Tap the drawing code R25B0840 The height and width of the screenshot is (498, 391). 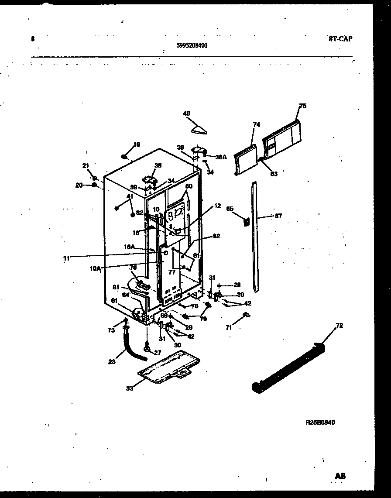(320, 422)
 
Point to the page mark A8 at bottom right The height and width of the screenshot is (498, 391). (340, 476)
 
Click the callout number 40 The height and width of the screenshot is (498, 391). (187, 113)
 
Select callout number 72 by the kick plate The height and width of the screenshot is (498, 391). (339, 325)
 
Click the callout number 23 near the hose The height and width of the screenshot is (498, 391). (112, 361)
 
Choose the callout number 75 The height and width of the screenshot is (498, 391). (303, 106)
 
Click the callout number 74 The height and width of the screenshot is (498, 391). (256, 125)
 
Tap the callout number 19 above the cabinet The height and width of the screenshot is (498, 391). (137, 144)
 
